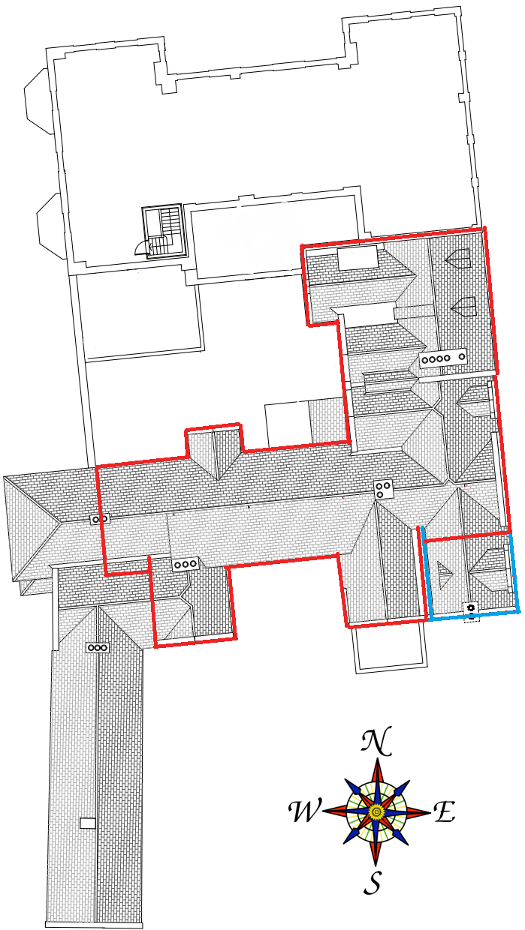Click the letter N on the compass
click(376, 742)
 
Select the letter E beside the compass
click(444, 811)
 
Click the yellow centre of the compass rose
click(376, 811)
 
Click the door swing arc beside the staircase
click(140, 247)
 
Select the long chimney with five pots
click(443, 358)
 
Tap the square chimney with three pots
click(384, 489)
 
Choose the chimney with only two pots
click(100, 518)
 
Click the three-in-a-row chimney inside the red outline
click(185, 564)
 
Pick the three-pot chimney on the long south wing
click(98, 647)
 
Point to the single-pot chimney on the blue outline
click(471, 586)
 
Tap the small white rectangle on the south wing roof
click(88, 823)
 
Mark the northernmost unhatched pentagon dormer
click(459, 259)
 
